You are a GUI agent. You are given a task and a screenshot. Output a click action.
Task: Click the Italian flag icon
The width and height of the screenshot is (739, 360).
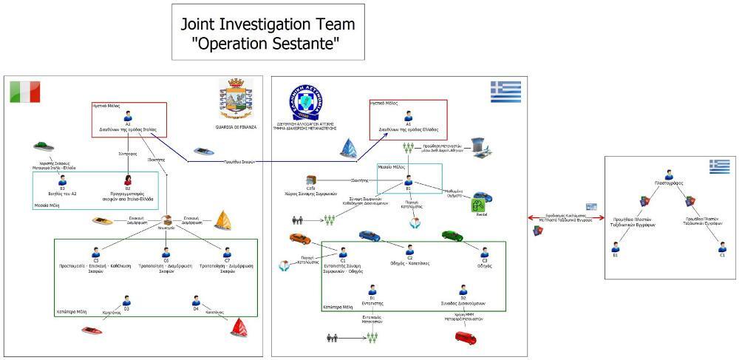[x=24, y=92]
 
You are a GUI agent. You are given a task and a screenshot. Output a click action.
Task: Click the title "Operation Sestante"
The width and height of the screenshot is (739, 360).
[x=268, y=33]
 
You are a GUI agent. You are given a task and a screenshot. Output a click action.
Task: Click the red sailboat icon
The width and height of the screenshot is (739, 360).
[x=238, y=326]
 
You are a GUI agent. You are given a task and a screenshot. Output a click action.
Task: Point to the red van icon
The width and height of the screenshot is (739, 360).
[x=465, y=338]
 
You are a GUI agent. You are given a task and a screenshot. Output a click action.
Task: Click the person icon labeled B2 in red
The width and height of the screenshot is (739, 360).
[x=128, y=180]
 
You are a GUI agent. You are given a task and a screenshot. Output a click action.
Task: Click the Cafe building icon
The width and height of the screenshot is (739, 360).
[x=311, y=180]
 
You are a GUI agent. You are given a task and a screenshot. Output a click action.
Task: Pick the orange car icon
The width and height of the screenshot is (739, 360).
[x=300, y=239]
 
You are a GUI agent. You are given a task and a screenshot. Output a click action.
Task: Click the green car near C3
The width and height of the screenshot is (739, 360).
[x=452, y=236]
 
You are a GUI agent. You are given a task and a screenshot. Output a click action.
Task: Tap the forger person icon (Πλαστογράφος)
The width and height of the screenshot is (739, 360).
[x=668, y=174]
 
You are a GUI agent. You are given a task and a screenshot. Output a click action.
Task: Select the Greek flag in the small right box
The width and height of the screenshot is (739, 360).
[x=719, y=166]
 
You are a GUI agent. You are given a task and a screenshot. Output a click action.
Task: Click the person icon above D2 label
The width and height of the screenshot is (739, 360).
[x=463, y=290]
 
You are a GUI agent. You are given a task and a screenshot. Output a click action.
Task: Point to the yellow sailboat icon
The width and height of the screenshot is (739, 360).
[x=223, y=220]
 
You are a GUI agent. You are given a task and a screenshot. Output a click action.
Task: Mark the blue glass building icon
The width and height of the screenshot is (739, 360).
[x=348, y=148]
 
